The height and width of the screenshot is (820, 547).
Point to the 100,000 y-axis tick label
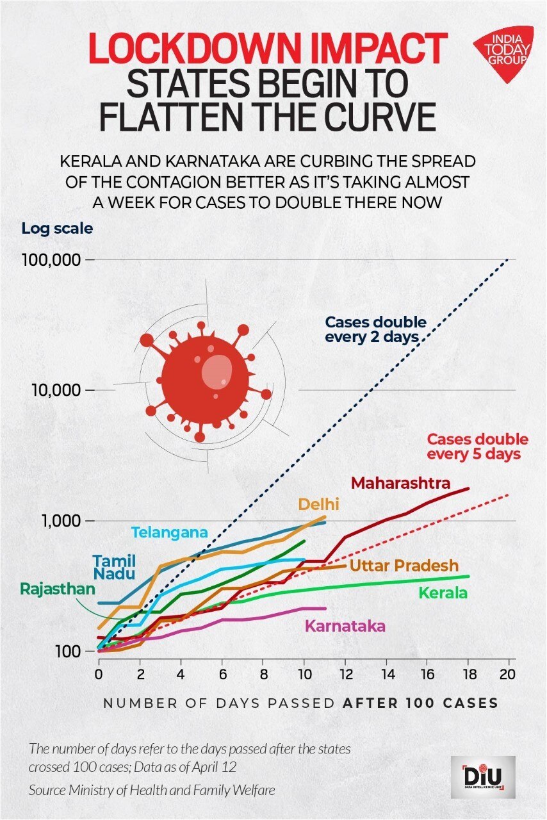(53, 260)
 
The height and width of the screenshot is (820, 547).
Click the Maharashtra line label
(400, 482)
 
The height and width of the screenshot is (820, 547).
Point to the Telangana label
(169, 532)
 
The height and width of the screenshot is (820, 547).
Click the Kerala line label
(443, 593)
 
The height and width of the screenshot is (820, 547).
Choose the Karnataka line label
(345, 626)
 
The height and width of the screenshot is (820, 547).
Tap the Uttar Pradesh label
(404, 566)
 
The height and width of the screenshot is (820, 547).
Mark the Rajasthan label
(57, 588)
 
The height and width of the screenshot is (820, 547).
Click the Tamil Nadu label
(114, 566)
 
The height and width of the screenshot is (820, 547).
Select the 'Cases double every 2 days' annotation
(375, 329)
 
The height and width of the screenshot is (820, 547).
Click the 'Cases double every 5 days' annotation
(477, 447)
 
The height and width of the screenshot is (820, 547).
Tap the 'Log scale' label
(56, 228)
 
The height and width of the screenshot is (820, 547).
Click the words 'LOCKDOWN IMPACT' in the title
(267, 49)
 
